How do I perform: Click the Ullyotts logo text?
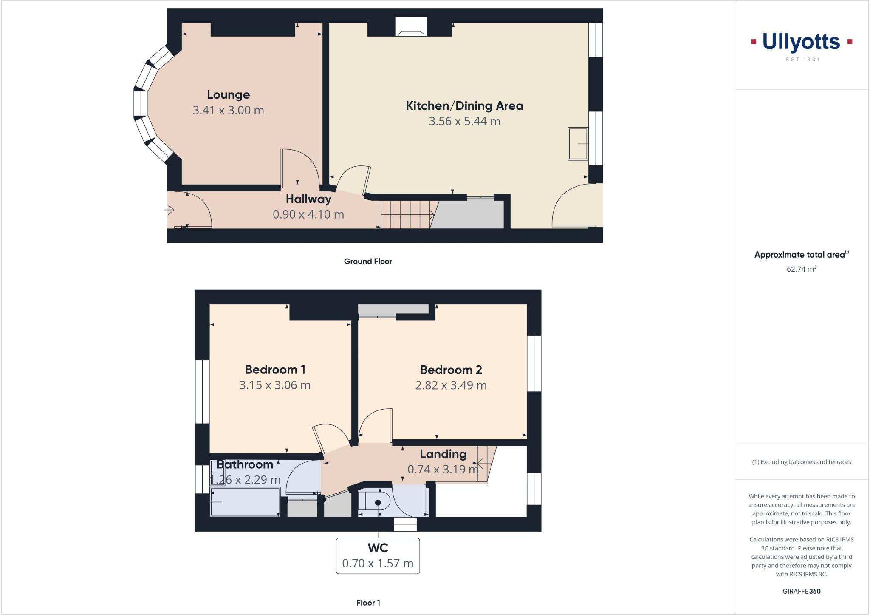tap(801, 42)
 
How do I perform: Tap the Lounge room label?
tap(228, 94)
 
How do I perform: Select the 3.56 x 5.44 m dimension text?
tap(464, 121)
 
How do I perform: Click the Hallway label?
tap(308, 199)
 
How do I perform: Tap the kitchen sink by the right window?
tap(578, 144)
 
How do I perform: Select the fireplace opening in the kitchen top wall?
tap(411, 27)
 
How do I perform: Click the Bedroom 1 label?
tap(275, 369)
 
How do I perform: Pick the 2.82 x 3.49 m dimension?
tap(451, 385)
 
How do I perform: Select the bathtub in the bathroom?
tap(245, 502)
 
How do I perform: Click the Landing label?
tap(443, 454)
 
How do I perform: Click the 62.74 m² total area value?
tap(801, 269)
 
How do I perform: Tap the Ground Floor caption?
tap(368, 261)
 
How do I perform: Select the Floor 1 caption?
tap(368, 603)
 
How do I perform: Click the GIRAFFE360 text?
tap(801, 591)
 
